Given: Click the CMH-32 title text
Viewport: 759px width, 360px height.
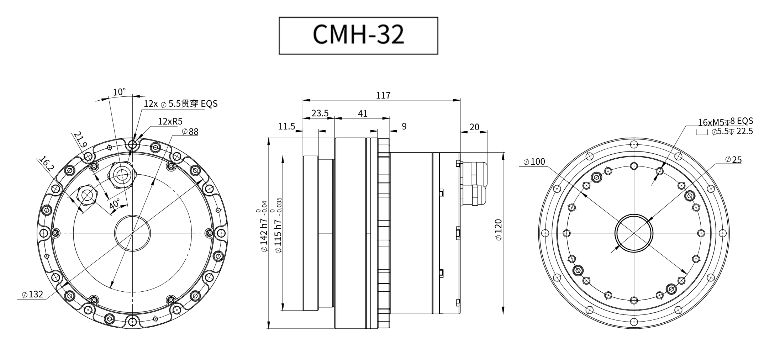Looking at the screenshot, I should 358,35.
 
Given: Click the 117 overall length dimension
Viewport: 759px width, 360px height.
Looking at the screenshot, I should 383,95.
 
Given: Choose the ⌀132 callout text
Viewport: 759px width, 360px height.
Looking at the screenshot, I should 32,294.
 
